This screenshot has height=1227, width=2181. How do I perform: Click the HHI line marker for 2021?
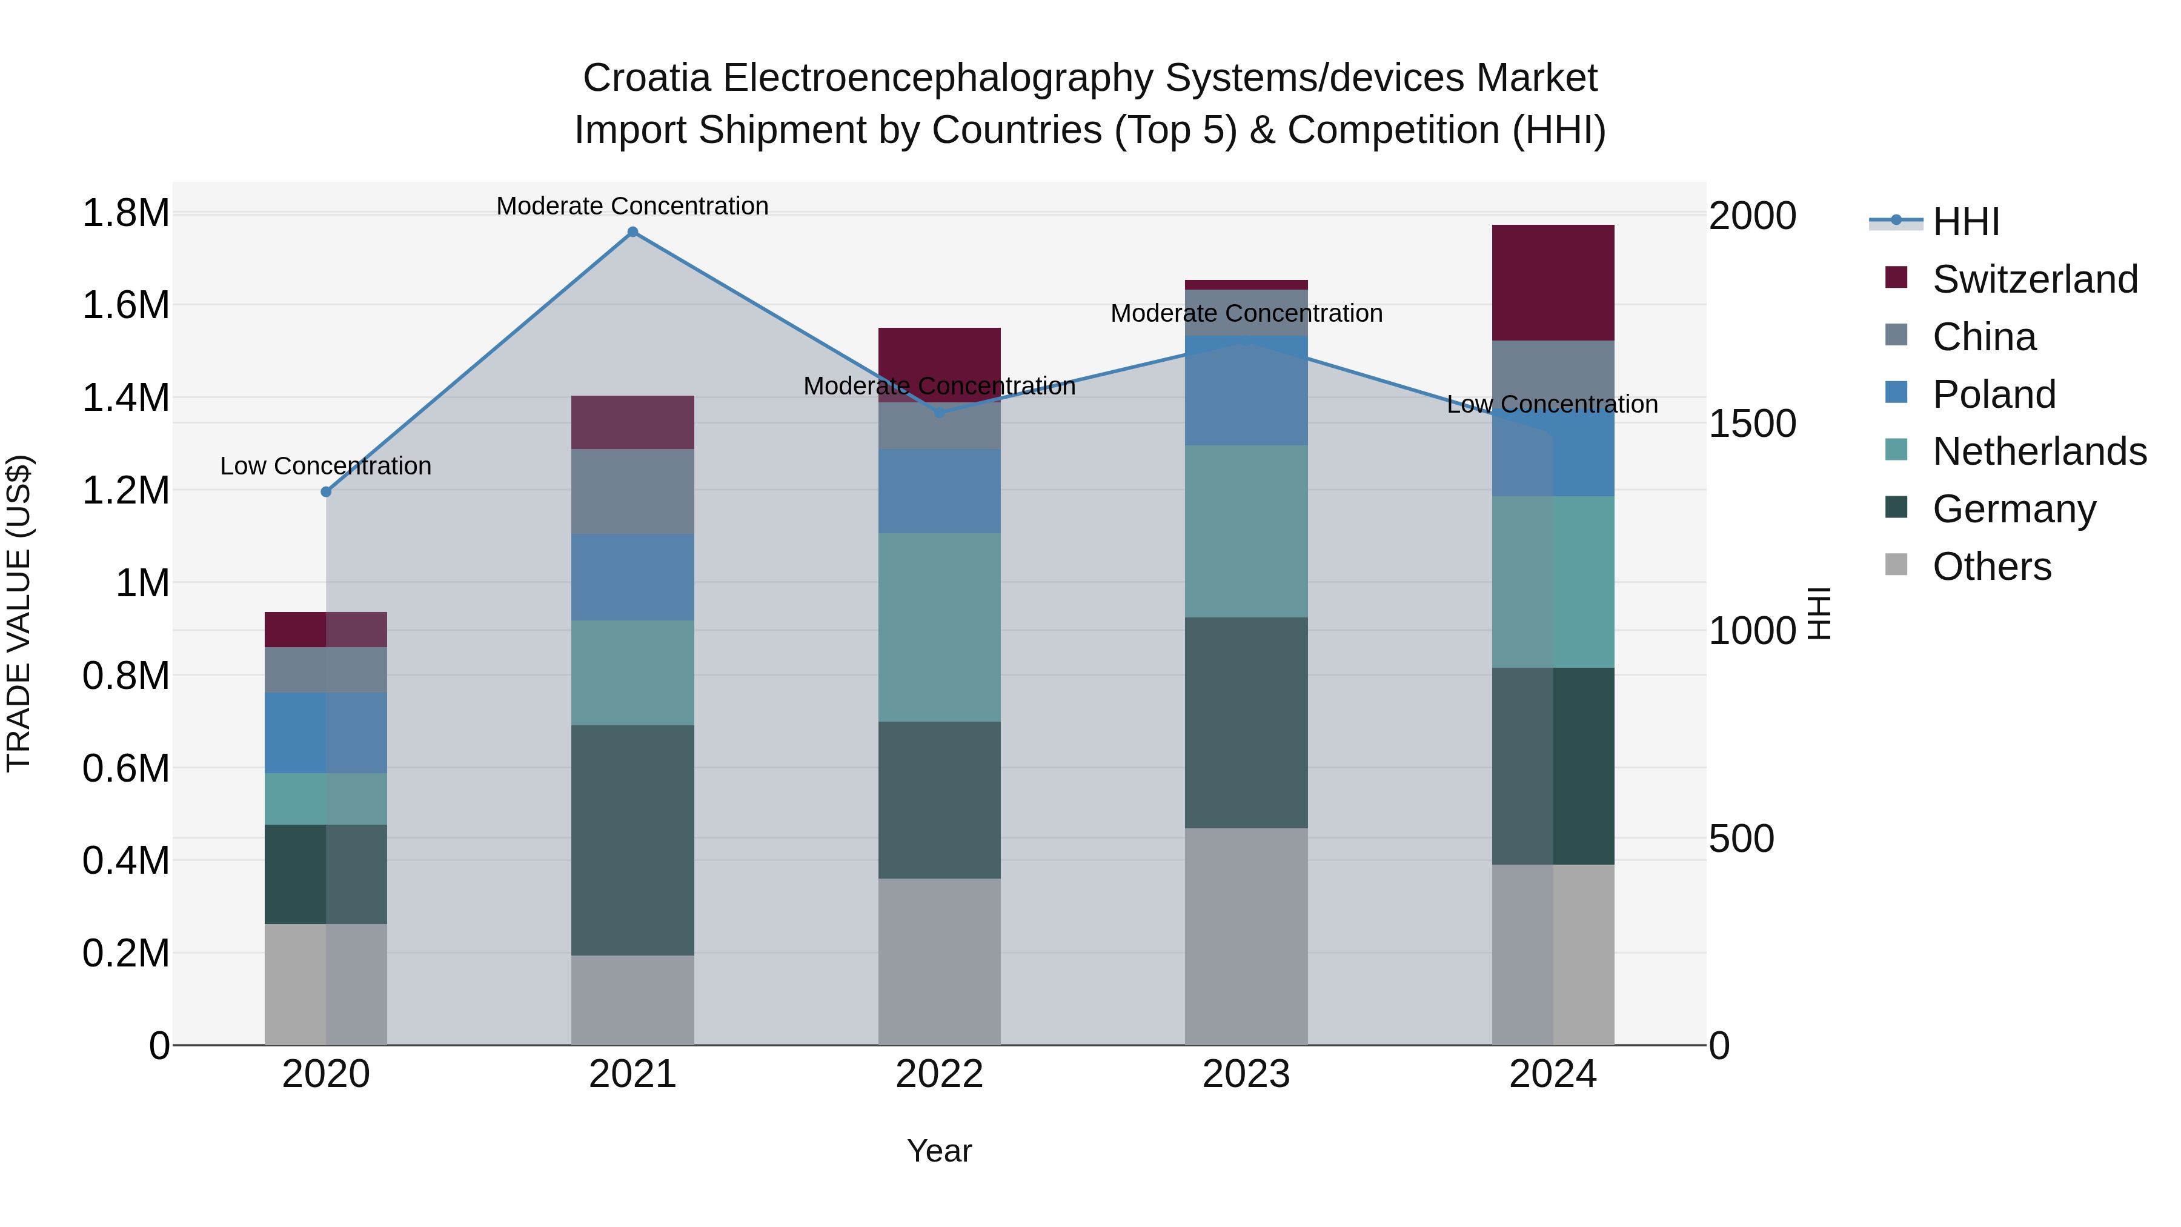click(632, 232)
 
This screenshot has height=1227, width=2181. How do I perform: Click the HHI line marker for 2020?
click(326, 492)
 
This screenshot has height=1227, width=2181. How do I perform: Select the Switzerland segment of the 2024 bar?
click(1553, 283)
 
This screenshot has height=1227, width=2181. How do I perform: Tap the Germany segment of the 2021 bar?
click(632, 840)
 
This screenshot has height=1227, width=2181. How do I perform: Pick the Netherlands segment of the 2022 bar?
click(939, 627)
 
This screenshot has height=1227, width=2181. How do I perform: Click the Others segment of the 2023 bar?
click(1246, 936)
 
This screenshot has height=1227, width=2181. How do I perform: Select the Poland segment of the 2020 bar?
click(326, 733)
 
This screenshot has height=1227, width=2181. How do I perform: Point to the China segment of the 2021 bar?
click(632, 491)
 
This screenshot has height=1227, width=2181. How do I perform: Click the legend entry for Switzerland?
click(2034, 279)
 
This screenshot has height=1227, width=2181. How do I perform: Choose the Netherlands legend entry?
click(2039, 451)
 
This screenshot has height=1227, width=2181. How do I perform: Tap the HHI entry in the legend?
click(1965, 222)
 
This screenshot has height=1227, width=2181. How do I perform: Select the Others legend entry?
click(1991, 567)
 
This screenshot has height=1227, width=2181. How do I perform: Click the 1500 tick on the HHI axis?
click(1751, 424)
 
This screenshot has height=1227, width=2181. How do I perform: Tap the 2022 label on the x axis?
click(939, 1074)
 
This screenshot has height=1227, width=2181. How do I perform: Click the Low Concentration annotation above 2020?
click(326, 466)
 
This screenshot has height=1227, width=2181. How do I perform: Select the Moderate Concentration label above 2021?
click(632, 206)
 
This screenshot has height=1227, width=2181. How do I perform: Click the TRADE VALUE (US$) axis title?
click(19, 613)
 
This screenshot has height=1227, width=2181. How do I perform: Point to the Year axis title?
click(939, 1151)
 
